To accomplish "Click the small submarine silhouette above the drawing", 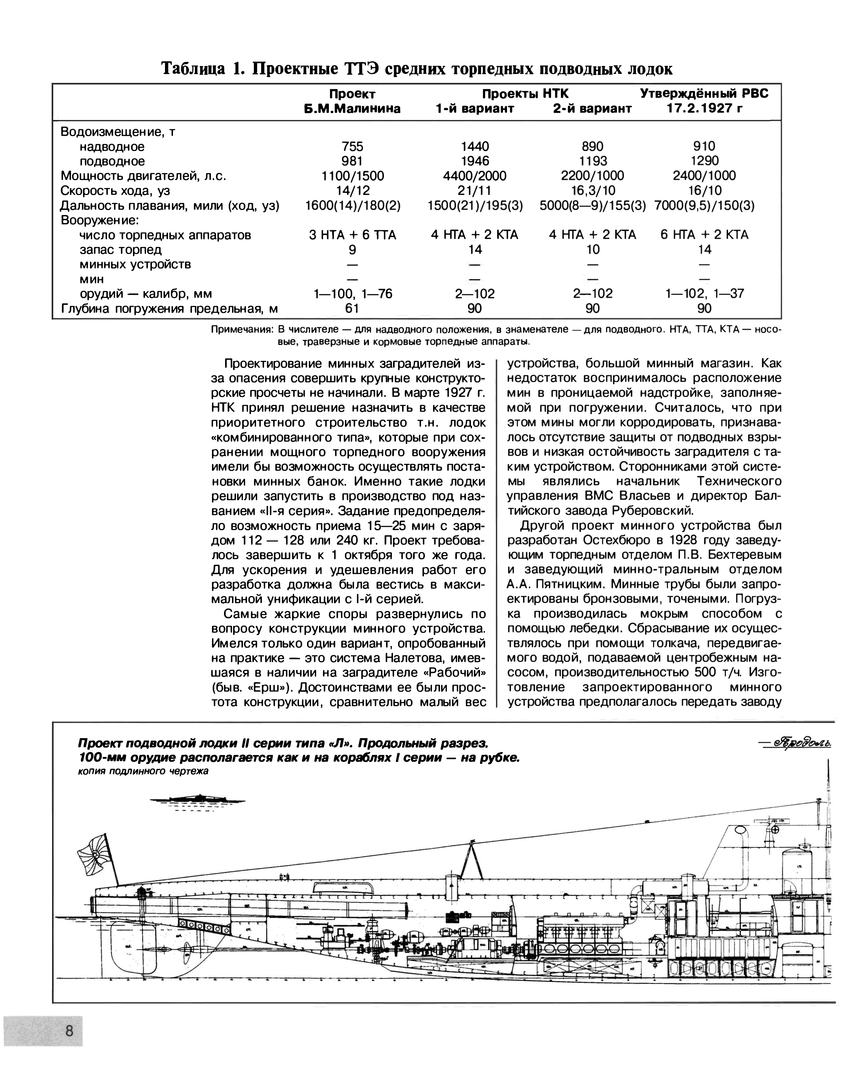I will point(198,799).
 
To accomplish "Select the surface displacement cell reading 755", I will point(353,146).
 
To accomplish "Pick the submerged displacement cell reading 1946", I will point(475,161).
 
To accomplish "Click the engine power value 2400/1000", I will point(704,175).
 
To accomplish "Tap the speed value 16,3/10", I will point(592,190).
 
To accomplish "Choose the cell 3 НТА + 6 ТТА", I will point(353,235).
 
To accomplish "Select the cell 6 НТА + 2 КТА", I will point(704,235).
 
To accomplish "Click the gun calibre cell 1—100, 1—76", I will point(353,293).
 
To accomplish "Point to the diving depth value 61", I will point(353,308).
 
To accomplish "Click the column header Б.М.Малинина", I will point(353,108).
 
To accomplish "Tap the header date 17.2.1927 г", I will point(704,108).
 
